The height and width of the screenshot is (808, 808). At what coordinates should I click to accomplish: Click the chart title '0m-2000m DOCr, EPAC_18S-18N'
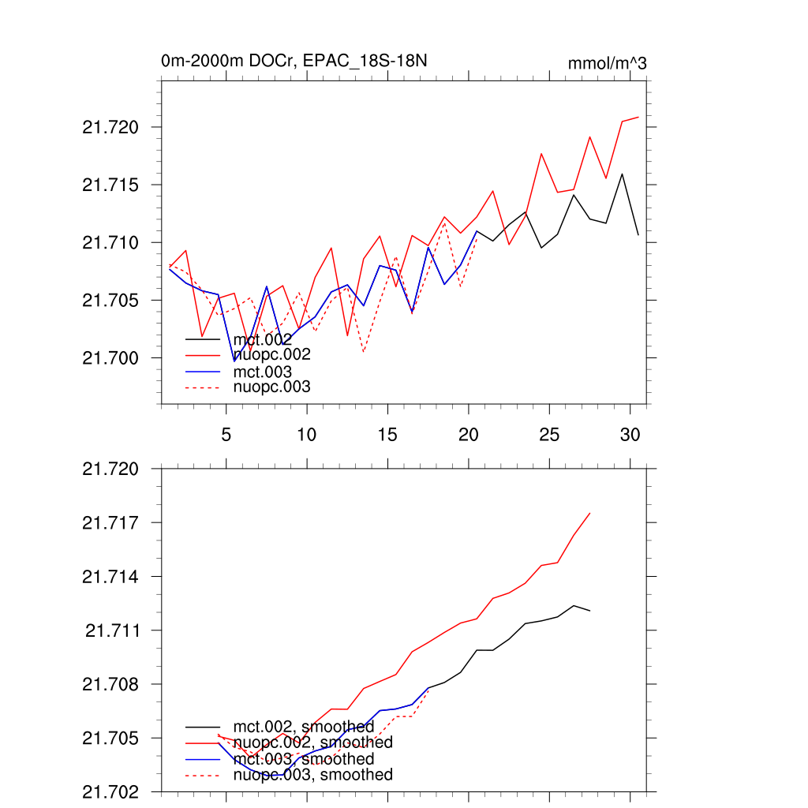(x=294, y=61)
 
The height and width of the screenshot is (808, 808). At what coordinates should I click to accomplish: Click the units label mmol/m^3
(x=607, y=63)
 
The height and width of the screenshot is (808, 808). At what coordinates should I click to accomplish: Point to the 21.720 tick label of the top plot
(x=110, y=127)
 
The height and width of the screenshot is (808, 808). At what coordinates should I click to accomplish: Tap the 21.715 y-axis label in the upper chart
(x=110, y=185)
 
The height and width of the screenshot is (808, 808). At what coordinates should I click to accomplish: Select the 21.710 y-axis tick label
(x=110, y=242)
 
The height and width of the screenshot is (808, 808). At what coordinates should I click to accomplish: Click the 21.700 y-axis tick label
(x=110, y=358)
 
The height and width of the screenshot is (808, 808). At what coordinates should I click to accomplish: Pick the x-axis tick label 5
(x=226, y=434)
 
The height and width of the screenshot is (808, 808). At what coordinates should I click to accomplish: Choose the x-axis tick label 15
(x=387, y=434)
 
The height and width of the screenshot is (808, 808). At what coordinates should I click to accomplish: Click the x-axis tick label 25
(x=548, y=434)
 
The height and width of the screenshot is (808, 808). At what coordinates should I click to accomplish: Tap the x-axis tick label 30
(x=629, y=434)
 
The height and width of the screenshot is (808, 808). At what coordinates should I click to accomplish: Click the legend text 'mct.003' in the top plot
(x=263, y=372)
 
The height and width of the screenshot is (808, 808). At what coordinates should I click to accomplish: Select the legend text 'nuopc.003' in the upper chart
(x=271, y=387)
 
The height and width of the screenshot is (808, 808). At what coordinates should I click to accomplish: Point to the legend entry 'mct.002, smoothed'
(x=303, y=727)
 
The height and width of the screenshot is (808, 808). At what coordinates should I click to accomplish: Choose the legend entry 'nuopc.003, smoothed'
(x=312, y=775)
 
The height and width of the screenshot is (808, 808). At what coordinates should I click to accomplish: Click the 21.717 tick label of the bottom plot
(x=110, y=522)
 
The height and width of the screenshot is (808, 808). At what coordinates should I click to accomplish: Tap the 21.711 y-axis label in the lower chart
(x=110, y=630)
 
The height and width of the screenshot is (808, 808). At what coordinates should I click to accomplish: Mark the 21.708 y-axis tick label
(x=110, y=684)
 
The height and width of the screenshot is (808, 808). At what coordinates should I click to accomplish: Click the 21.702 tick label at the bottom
(x=110, y=791)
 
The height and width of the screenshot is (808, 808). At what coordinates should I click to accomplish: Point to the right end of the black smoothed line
(x=590, y=611)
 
